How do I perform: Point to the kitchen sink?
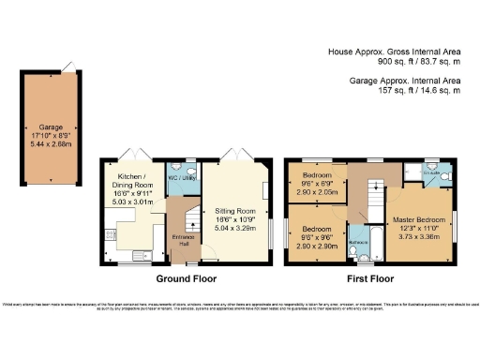pos(142,253)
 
